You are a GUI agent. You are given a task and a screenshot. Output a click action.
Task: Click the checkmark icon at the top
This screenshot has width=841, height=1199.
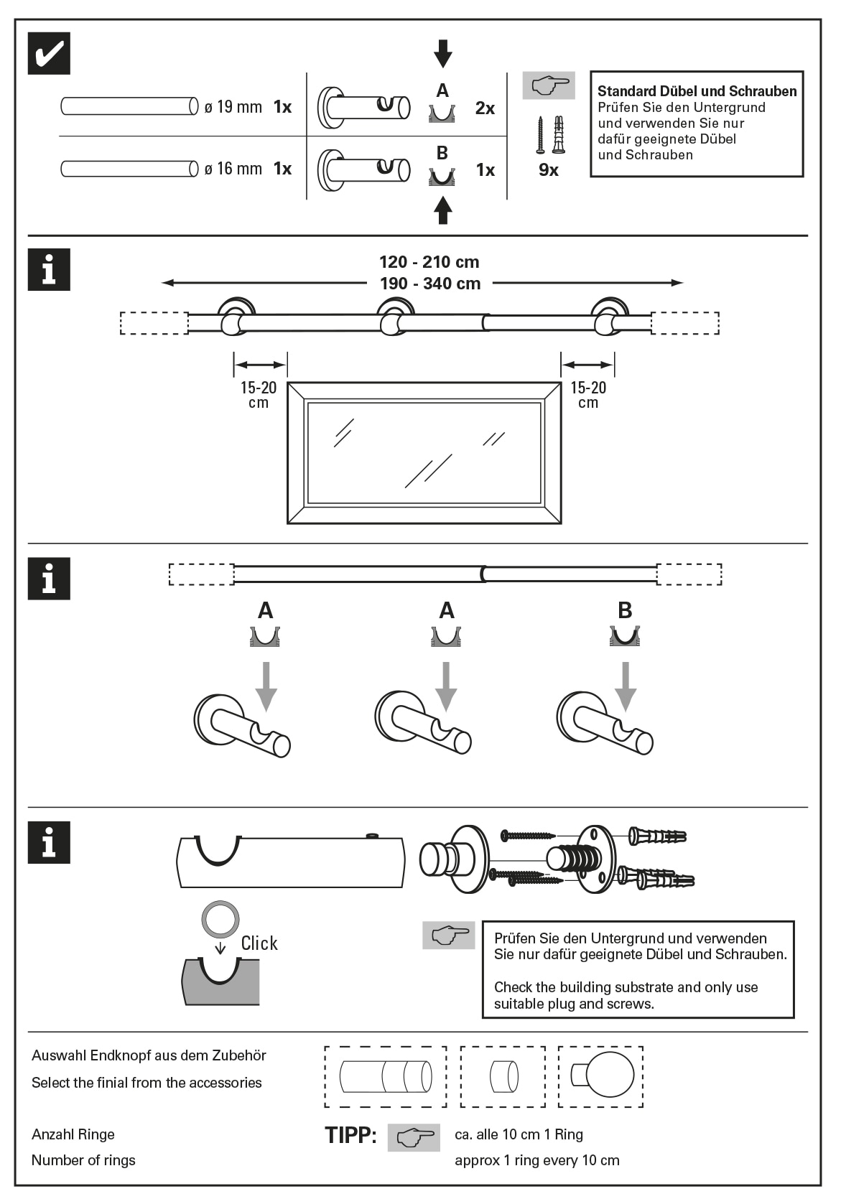[x=49, y=53]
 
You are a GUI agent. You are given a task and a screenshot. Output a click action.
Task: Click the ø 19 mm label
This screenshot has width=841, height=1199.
[x=233, y=107]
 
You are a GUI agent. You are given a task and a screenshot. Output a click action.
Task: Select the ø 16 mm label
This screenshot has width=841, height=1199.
[x=233, y=169]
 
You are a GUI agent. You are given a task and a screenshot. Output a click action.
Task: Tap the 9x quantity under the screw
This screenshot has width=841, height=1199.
[x=549, y=170]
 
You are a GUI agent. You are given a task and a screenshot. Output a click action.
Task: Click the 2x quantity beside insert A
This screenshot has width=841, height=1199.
[x=485, y=108]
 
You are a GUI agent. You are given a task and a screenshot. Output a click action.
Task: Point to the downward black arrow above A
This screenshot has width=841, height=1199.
[x=443, y=54]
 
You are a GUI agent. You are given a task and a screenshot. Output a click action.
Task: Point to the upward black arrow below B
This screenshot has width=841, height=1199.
[x=443, y=210]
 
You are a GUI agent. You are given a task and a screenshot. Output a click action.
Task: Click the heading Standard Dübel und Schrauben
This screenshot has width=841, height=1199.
[x=697, y=91]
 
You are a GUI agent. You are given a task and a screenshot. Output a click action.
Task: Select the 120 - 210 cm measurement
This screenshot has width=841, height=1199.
[x=429, y=262]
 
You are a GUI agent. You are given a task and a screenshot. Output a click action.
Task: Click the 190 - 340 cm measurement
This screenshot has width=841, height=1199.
[x=429, y=284]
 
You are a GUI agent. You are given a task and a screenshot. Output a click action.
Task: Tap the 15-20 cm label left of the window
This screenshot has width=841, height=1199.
[x=259, y=395]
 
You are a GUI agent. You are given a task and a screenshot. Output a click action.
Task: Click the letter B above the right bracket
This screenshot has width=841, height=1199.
[x=625, y=610]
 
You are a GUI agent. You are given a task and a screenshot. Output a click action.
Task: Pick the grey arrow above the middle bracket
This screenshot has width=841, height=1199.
[x=446, y=686]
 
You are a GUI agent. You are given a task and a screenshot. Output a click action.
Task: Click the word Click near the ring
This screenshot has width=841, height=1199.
[x=259, y=943]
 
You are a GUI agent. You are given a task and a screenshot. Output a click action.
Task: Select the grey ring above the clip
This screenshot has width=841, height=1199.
[x=220, y=919]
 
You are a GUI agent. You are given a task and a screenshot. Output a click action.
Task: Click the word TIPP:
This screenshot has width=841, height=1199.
[x=350, y=1135]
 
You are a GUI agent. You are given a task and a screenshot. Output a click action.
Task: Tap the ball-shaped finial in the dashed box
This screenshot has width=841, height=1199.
[x=609, y=1075]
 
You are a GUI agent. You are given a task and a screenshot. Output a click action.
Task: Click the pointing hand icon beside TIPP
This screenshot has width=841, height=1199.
[x=414, y=1137]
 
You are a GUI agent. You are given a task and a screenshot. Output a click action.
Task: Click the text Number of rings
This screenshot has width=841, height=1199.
[x=83, y=1160]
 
